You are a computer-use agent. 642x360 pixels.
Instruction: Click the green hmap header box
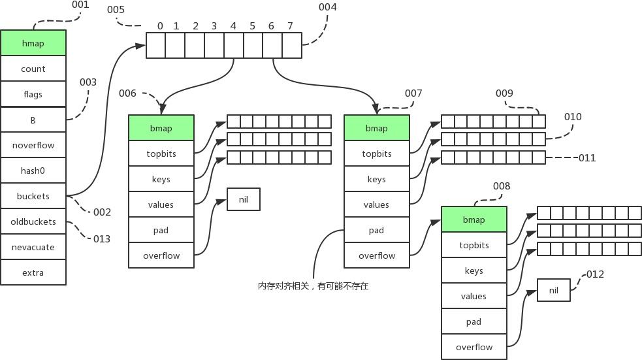click(x=33, y=43)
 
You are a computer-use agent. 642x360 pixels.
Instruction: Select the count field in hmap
click(x=33, y=69)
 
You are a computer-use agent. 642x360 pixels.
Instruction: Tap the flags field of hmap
click(x=33, y=94)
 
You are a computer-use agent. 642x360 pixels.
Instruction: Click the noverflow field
click(x=33, y=145)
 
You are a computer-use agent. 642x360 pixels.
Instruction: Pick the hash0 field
click(x=33, y=171)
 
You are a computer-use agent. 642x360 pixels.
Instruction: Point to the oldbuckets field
click(x=33, y=221)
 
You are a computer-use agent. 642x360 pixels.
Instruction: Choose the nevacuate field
click(x=33, y=247)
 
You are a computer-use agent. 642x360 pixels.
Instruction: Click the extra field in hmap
click(x=33, y=272)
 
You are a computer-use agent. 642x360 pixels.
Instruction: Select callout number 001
click(x=80, y=5)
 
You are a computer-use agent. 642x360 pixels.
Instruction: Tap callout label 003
click(x=88, y=82)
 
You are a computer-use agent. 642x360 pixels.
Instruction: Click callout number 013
click(x=102, y=239)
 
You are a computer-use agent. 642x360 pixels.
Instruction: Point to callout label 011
click(x=587, y=158)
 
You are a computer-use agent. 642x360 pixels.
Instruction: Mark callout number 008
click(x=502, y=186)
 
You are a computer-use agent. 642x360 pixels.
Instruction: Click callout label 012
click(x=595, y=274)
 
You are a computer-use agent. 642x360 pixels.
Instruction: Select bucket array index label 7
click(x=290, y=26)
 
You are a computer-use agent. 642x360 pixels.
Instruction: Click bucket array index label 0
click(x=160, y=26)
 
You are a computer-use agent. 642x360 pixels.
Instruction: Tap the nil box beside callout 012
click(x=554, y=290)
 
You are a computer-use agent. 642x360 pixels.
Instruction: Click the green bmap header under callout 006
click(x=161, y=128)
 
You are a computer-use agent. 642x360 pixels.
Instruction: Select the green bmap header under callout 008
click(x=474, y=220)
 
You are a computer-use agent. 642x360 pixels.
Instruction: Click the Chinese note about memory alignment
click(x=313, y=286)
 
